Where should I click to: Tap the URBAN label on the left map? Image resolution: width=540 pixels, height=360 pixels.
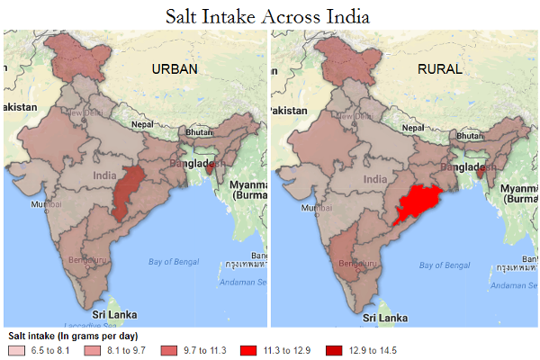[175, 69]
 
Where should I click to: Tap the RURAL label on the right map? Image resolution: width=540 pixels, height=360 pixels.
[438, 69]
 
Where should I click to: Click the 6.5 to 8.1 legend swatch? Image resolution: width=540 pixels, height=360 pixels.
[17, 350]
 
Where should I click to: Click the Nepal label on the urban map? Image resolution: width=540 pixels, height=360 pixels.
[142, 124]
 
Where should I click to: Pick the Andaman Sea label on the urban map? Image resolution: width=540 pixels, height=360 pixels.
[239, 281]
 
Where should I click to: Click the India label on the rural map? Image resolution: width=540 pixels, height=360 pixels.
[375, 179]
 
